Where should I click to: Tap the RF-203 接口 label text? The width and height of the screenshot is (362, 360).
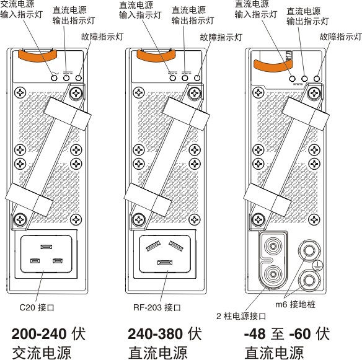click(157, 306)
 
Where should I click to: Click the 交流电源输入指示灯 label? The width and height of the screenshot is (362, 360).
click(22, 11)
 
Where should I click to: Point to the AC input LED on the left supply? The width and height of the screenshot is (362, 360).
click(54, 79)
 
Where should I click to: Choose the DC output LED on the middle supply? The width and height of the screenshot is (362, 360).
click(185, 79)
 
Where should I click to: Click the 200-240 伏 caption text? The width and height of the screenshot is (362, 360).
click(48, 334)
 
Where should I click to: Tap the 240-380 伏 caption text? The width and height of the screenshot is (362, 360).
click(165, 334)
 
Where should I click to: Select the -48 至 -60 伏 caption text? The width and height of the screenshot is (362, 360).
click(286, 334)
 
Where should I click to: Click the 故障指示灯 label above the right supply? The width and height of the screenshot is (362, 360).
click(340, 37)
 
